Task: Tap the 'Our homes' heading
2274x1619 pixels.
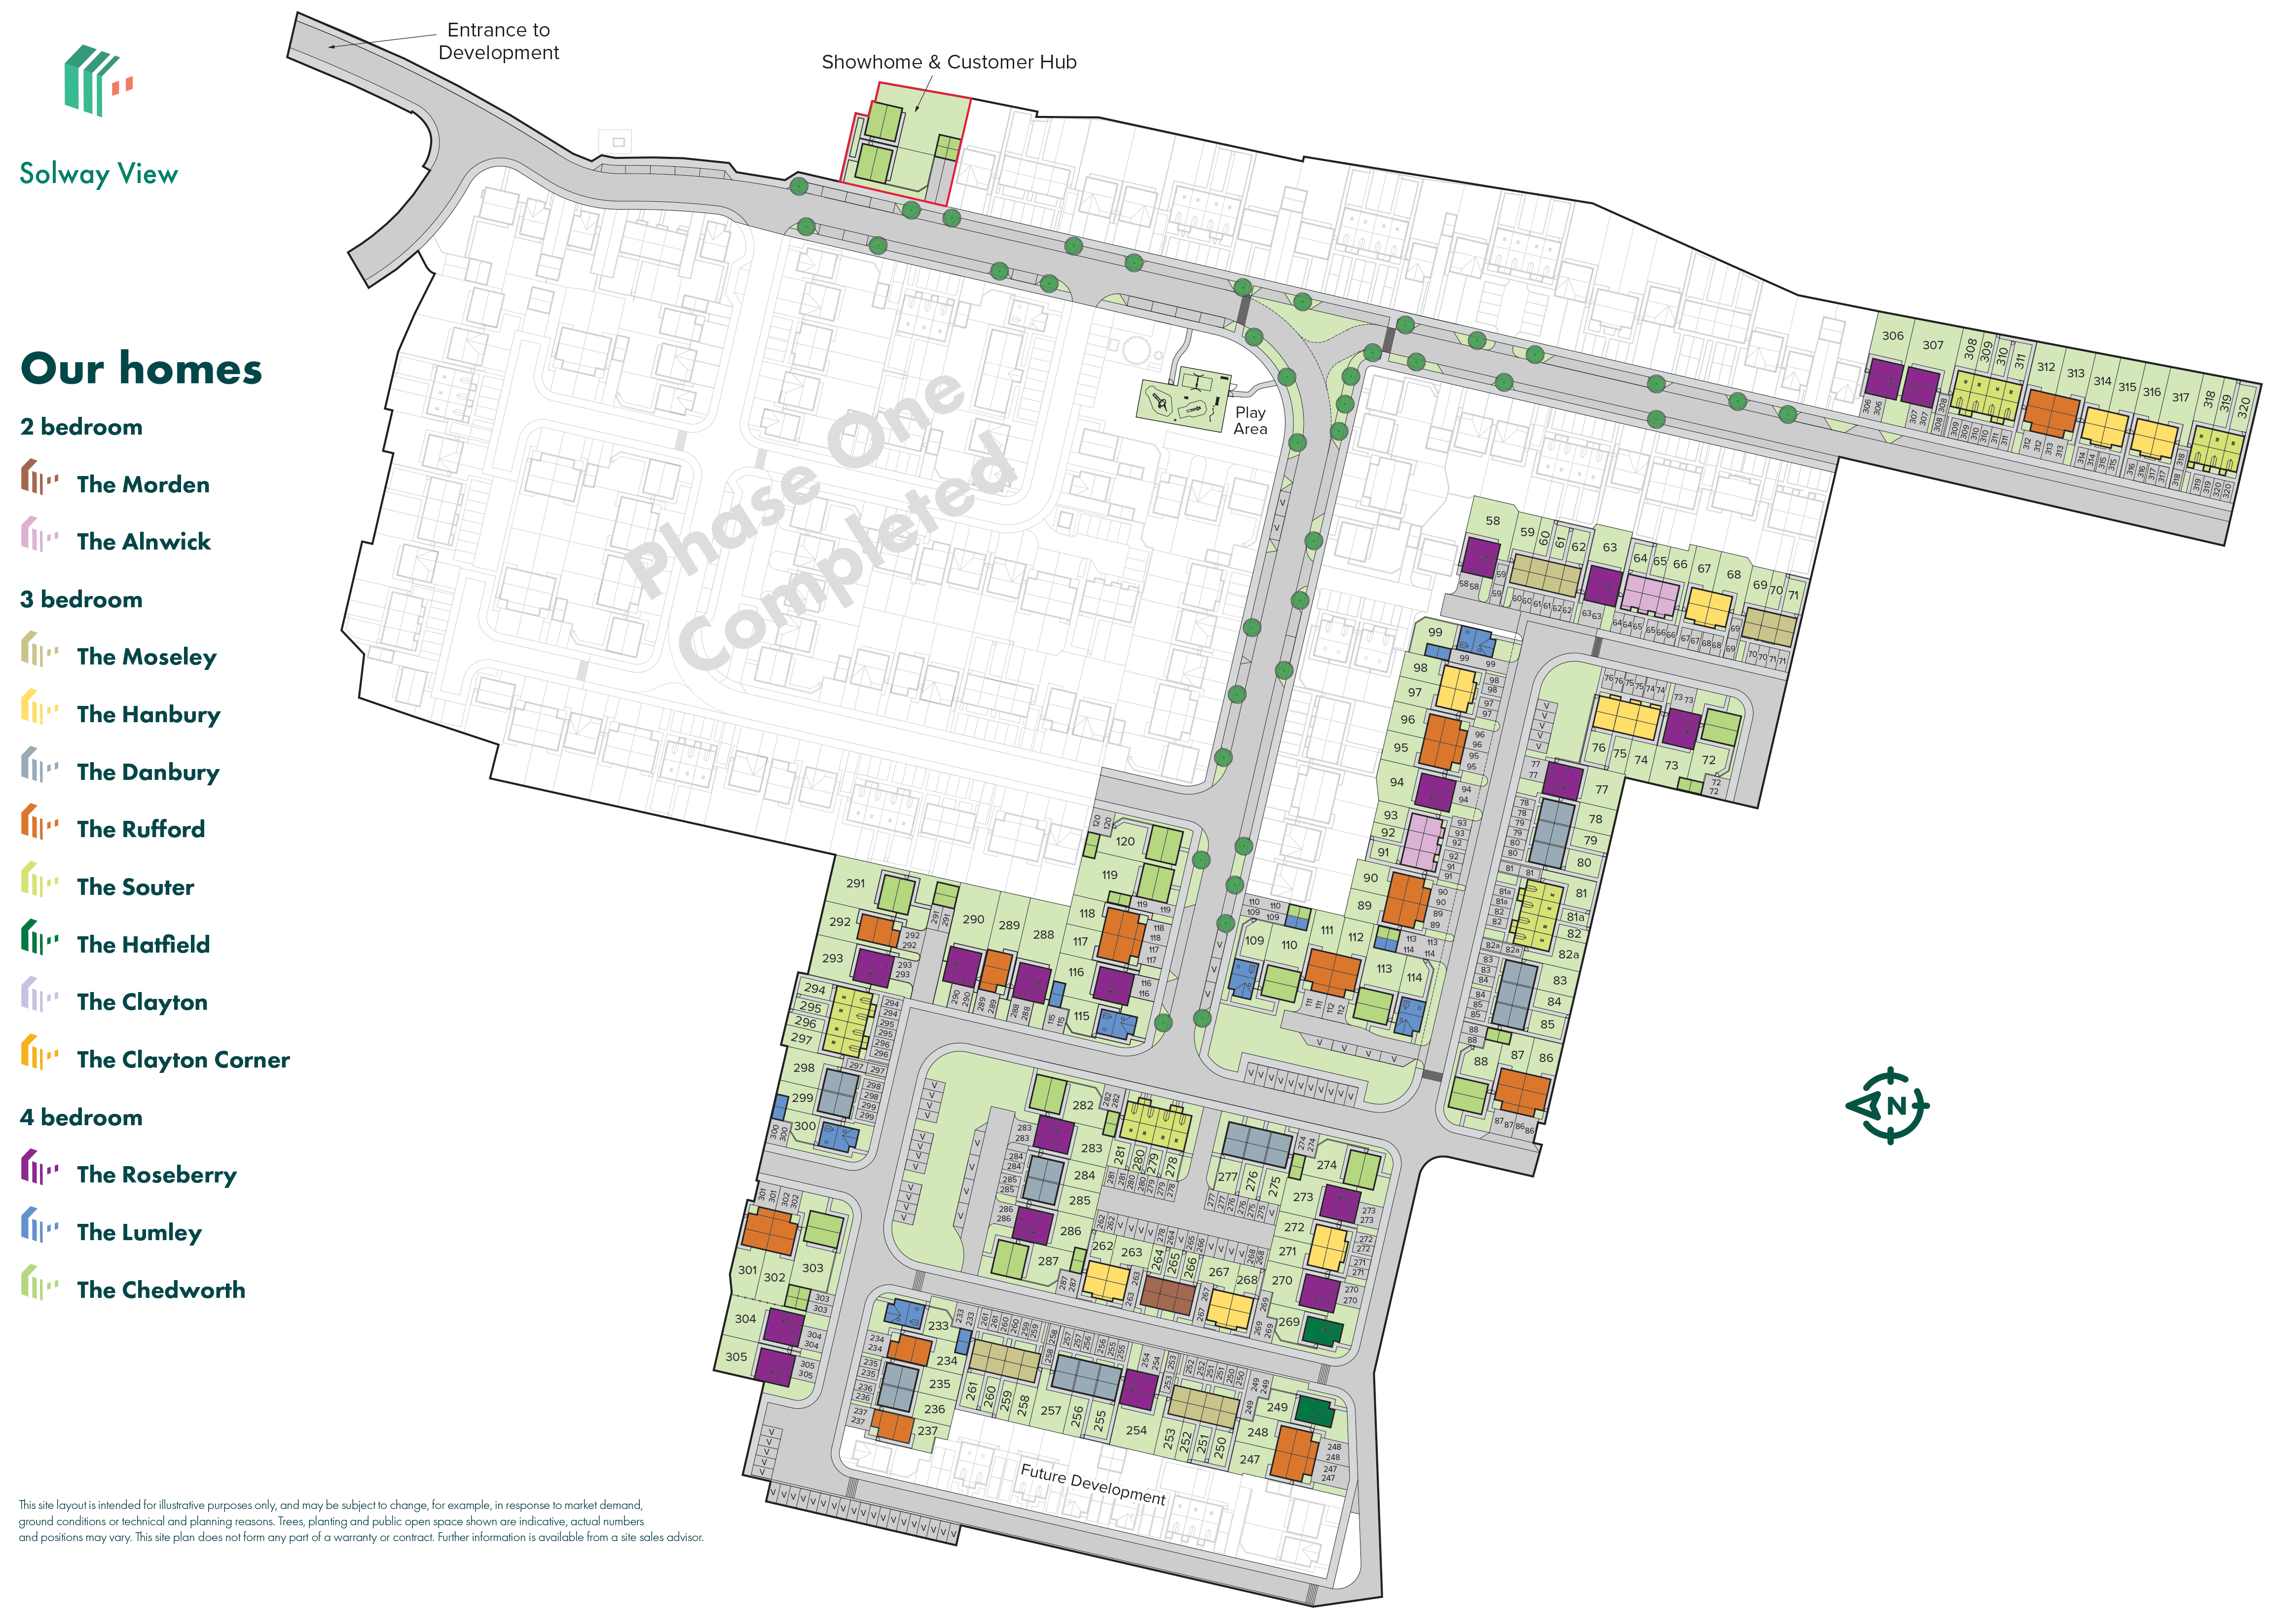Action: [x=141, y=369]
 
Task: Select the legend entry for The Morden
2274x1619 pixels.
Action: [x=143, y=484]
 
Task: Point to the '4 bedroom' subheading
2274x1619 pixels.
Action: [x=81, y=1117]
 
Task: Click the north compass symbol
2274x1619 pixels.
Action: [x=1889, y=1105]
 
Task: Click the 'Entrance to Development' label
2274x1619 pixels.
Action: [x=499, y=41]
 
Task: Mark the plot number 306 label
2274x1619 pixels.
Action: [x=1892, y=336]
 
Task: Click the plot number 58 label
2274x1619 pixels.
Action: [x=1493, y=520]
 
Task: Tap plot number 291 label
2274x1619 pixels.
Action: [x=855, y=883]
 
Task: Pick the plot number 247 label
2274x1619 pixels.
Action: [x=1250, y=1460]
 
